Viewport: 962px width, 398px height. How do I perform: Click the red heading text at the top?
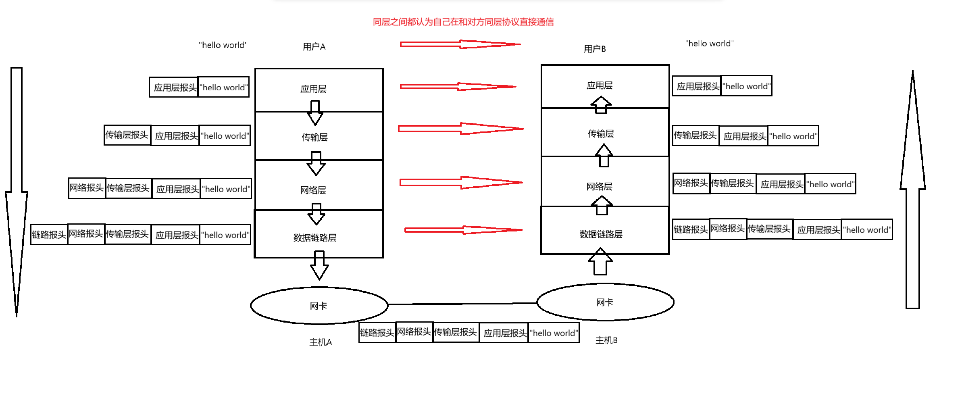pos(463,22)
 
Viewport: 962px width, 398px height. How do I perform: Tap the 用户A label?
pos(314,47)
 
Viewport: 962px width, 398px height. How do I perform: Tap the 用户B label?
pos(595,49)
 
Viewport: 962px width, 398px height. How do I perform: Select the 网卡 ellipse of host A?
pos(319,306)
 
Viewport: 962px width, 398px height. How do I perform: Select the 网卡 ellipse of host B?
pos(605,302)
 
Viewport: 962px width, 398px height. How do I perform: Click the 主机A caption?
pos(321,342)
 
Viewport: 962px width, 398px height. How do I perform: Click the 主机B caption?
pos(606,340)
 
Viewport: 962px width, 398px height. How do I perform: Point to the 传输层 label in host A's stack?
pos(314,138)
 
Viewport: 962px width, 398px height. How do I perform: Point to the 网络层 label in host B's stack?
pos(599,187)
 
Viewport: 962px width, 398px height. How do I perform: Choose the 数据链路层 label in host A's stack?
pos(315,238)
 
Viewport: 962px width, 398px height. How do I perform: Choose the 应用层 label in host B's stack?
pos(600,85)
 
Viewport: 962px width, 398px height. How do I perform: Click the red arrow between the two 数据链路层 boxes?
pos(463,230)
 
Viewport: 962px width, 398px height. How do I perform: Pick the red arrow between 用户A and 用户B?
pos(460,44)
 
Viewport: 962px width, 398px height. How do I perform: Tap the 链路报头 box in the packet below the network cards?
pos(377,333)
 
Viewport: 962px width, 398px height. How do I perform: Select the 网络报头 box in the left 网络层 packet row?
pos(87,188)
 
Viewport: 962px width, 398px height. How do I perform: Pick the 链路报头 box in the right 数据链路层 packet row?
pos(691,229)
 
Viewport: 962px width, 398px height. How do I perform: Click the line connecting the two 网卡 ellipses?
pos(462,304)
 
